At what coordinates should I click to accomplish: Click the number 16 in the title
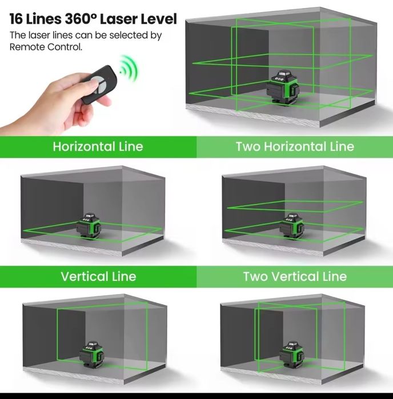point(18,19)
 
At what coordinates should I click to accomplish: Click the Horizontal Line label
point(98,147)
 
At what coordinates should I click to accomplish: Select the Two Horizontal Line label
point(295,147)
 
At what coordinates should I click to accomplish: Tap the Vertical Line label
point(98,277)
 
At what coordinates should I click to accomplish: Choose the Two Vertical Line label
point(295,277)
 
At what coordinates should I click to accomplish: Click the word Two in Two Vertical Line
point(255,277)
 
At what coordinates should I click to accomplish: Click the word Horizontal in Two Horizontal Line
point(295,147)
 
